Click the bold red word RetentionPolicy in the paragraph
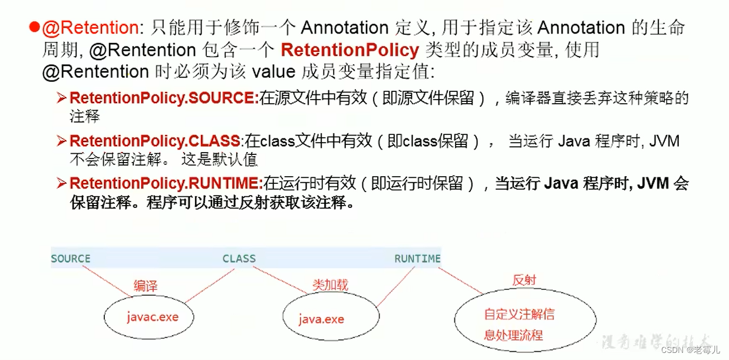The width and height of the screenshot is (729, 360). pyautogui.click(x=349, y=49)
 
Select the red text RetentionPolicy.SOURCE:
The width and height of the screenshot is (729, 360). pyautogui.click(x=164, y=98)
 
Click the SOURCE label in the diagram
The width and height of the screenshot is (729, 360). pyautogui.click(x=71, y=259)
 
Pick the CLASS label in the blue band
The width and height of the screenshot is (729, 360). pyautogui.click(x=239, y=259)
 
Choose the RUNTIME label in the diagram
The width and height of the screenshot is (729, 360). pyautogui.click(x=417, y=259)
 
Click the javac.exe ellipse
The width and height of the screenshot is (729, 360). pyautogui.click(x=151, y=317)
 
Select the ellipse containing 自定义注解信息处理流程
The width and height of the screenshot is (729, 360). pyautogui.click(x=519, y=325)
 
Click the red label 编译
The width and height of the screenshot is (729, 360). pyautogui.click(x=145, y=286)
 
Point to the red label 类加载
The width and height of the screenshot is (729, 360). pyautogui.click(x=330, y=285)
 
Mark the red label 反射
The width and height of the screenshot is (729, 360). pyautogui.click(x=524, y=280)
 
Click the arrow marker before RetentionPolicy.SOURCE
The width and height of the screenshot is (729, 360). pyautogui.click(x=62, y=98)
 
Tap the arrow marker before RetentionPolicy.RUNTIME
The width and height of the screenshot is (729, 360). pyautogui.click(x=62, y=184)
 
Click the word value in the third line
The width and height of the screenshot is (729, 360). pyautogui.click(x=273, y=72)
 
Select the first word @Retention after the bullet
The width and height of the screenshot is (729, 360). pyautogui.click(x=98, y=28)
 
